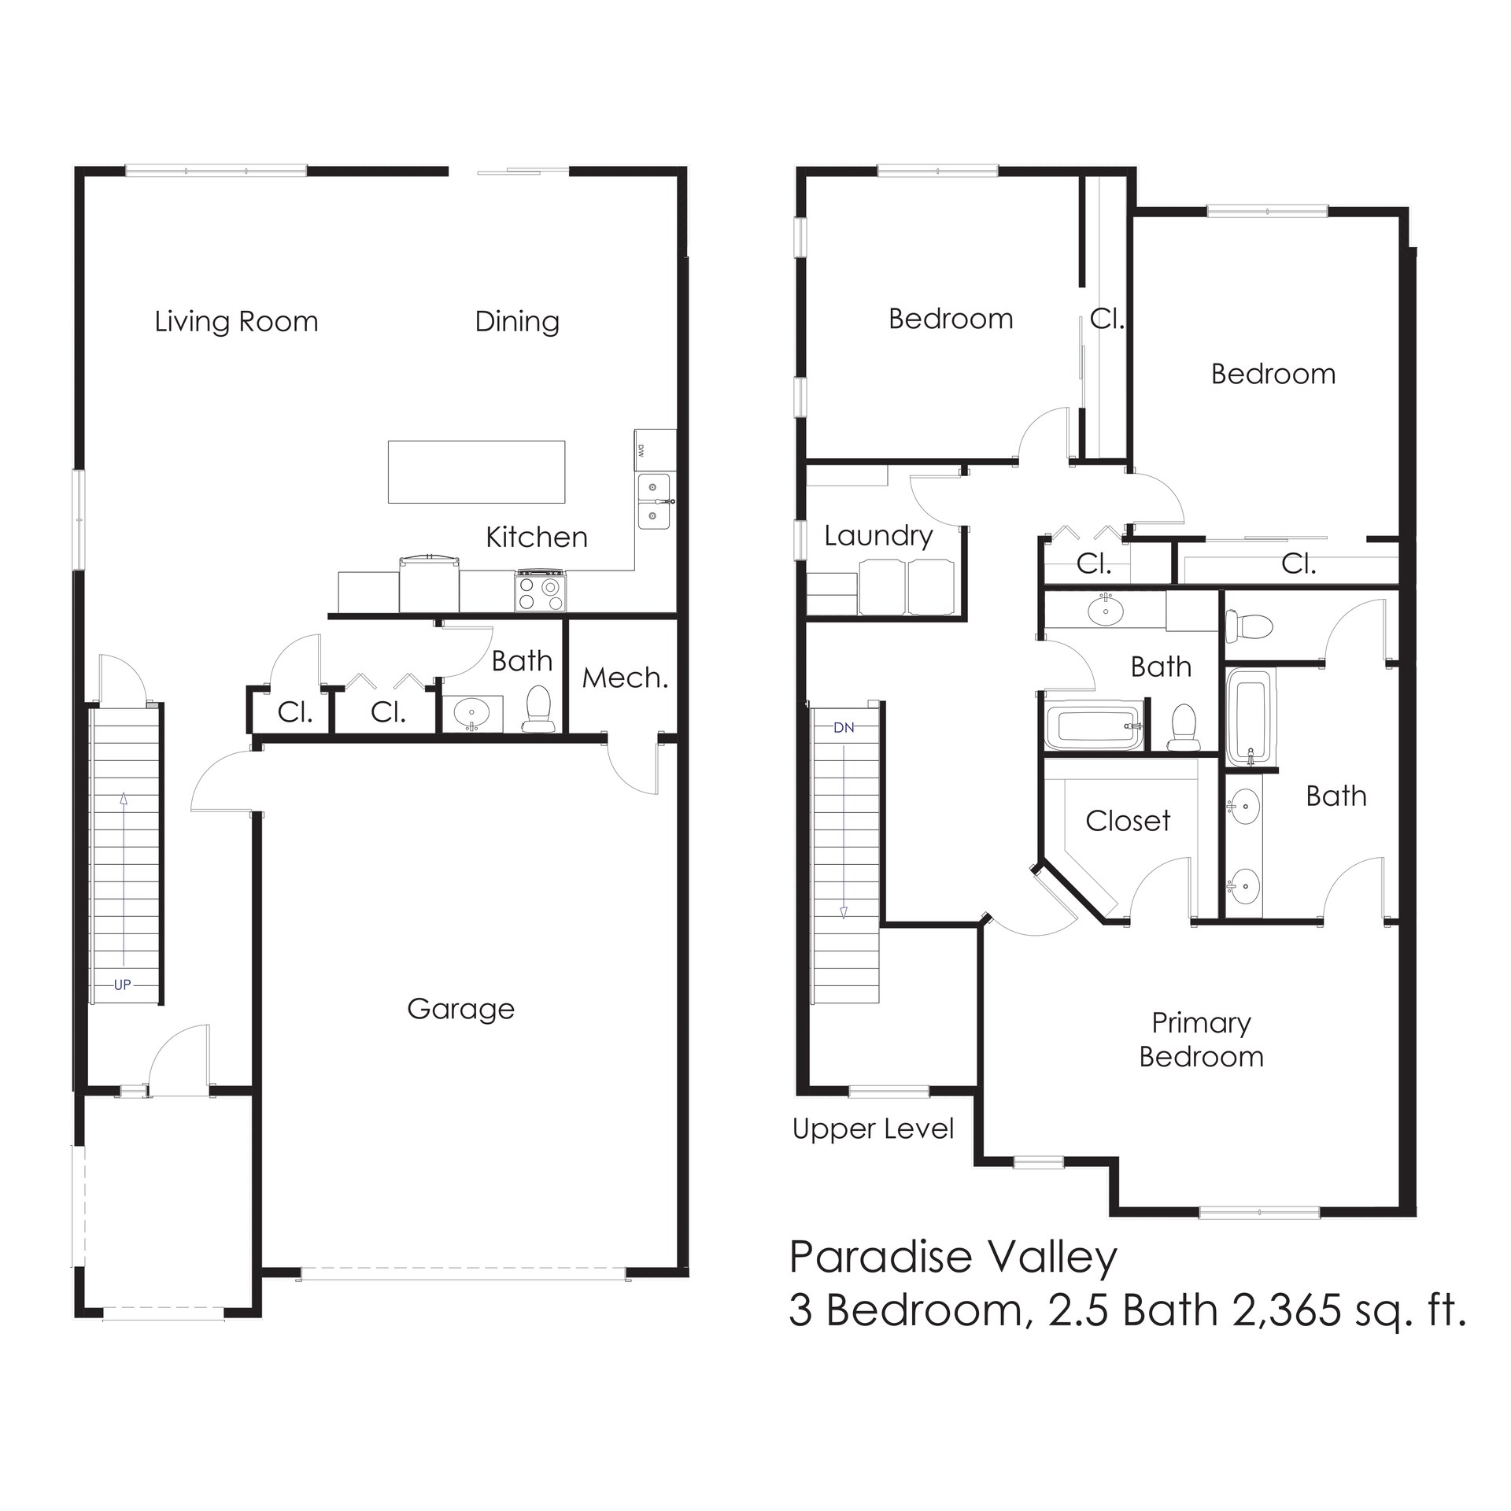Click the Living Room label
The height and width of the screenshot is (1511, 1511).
point(236,322)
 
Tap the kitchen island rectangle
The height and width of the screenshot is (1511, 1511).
point(476,471)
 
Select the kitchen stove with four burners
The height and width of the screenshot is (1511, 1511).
point(540,591)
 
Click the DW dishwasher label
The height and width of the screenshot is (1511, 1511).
point(641,451)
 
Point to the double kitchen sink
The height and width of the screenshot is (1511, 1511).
point(653,501)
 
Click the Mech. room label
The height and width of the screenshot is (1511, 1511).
point(625,678)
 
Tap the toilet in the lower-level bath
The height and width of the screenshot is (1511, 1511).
point(539,707)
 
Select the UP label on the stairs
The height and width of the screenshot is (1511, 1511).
point(122,985)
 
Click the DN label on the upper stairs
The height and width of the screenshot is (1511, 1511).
point(844,728)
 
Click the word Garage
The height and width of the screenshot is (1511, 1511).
point(460,1009)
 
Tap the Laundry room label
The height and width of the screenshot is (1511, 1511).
point(878,536)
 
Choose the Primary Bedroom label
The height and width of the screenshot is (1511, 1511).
point(1201,1040)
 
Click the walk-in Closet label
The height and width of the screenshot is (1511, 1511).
point(1128,821)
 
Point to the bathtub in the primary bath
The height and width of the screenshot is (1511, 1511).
point(1250,715)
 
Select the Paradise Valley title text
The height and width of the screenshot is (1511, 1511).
point(953,1257)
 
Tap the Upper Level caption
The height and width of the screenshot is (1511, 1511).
point(873,1129)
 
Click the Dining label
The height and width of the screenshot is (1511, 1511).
point(517,322)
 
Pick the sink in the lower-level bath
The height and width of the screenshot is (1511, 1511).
point(472,713)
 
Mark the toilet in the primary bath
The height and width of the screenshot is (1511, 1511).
point(1251,626)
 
